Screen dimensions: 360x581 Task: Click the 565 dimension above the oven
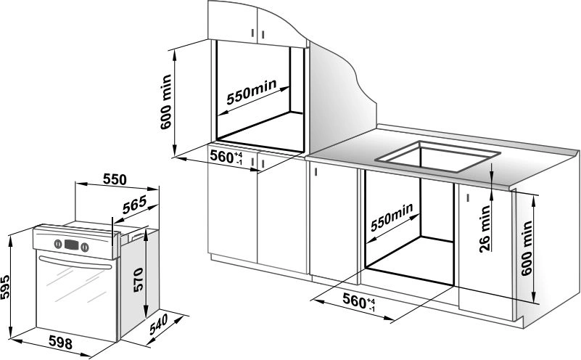(x=133, y=204)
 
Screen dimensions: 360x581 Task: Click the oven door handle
(x=76, y=261)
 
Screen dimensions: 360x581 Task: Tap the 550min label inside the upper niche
(x=251, y=94)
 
